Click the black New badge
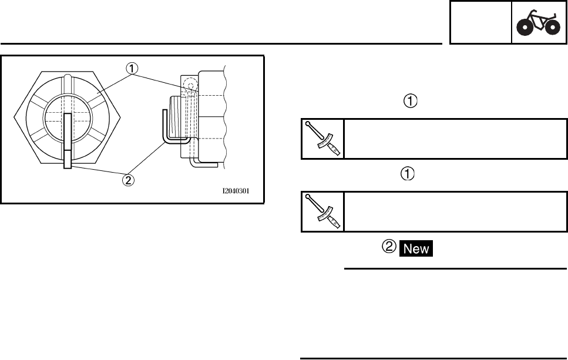416,248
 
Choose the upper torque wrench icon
322,139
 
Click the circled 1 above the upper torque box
411,102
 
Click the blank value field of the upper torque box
455,139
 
